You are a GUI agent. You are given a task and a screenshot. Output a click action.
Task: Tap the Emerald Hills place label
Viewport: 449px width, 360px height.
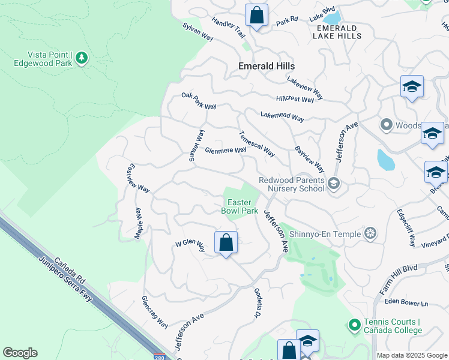267,66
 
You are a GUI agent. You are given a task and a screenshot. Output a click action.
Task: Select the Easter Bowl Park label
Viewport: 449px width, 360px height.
240,206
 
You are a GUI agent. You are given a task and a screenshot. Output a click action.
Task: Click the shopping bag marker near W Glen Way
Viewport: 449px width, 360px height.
226,244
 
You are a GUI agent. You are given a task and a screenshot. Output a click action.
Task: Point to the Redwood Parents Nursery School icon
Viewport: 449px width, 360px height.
334,184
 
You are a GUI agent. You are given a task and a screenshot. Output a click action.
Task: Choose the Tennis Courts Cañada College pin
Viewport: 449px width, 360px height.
354,325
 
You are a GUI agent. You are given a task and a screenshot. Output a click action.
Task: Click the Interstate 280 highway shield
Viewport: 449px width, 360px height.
157,356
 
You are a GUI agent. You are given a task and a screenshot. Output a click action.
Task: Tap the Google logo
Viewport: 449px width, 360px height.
20,353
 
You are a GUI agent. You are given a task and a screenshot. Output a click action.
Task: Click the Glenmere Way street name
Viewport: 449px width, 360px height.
226,151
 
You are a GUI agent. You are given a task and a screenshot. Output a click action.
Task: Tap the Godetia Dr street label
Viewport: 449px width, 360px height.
256,305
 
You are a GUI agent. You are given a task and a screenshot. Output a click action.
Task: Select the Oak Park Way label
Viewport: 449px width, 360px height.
199,101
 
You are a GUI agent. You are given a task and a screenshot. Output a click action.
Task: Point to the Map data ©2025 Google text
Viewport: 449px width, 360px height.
412,355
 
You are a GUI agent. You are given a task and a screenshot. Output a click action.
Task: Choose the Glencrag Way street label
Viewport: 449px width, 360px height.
154,312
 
